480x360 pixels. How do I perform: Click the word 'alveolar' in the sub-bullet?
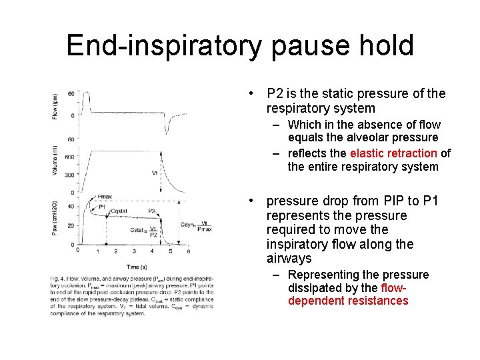[x=368, y=138]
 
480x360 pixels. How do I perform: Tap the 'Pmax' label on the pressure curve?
[x=105, y=197]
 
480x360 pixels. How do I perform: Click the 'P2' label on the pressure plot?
[x=152, y=211]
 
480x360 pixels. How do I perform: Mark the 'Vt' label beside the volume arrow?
[x=155, y=173]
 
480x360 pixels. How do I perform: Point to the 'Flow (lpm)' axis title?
[x=55, y=106]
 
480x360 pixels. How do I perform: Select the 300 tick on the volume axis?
[x=69, y=174]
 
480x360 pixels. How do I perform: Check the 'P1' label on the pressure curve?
[x=102, y=207]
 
